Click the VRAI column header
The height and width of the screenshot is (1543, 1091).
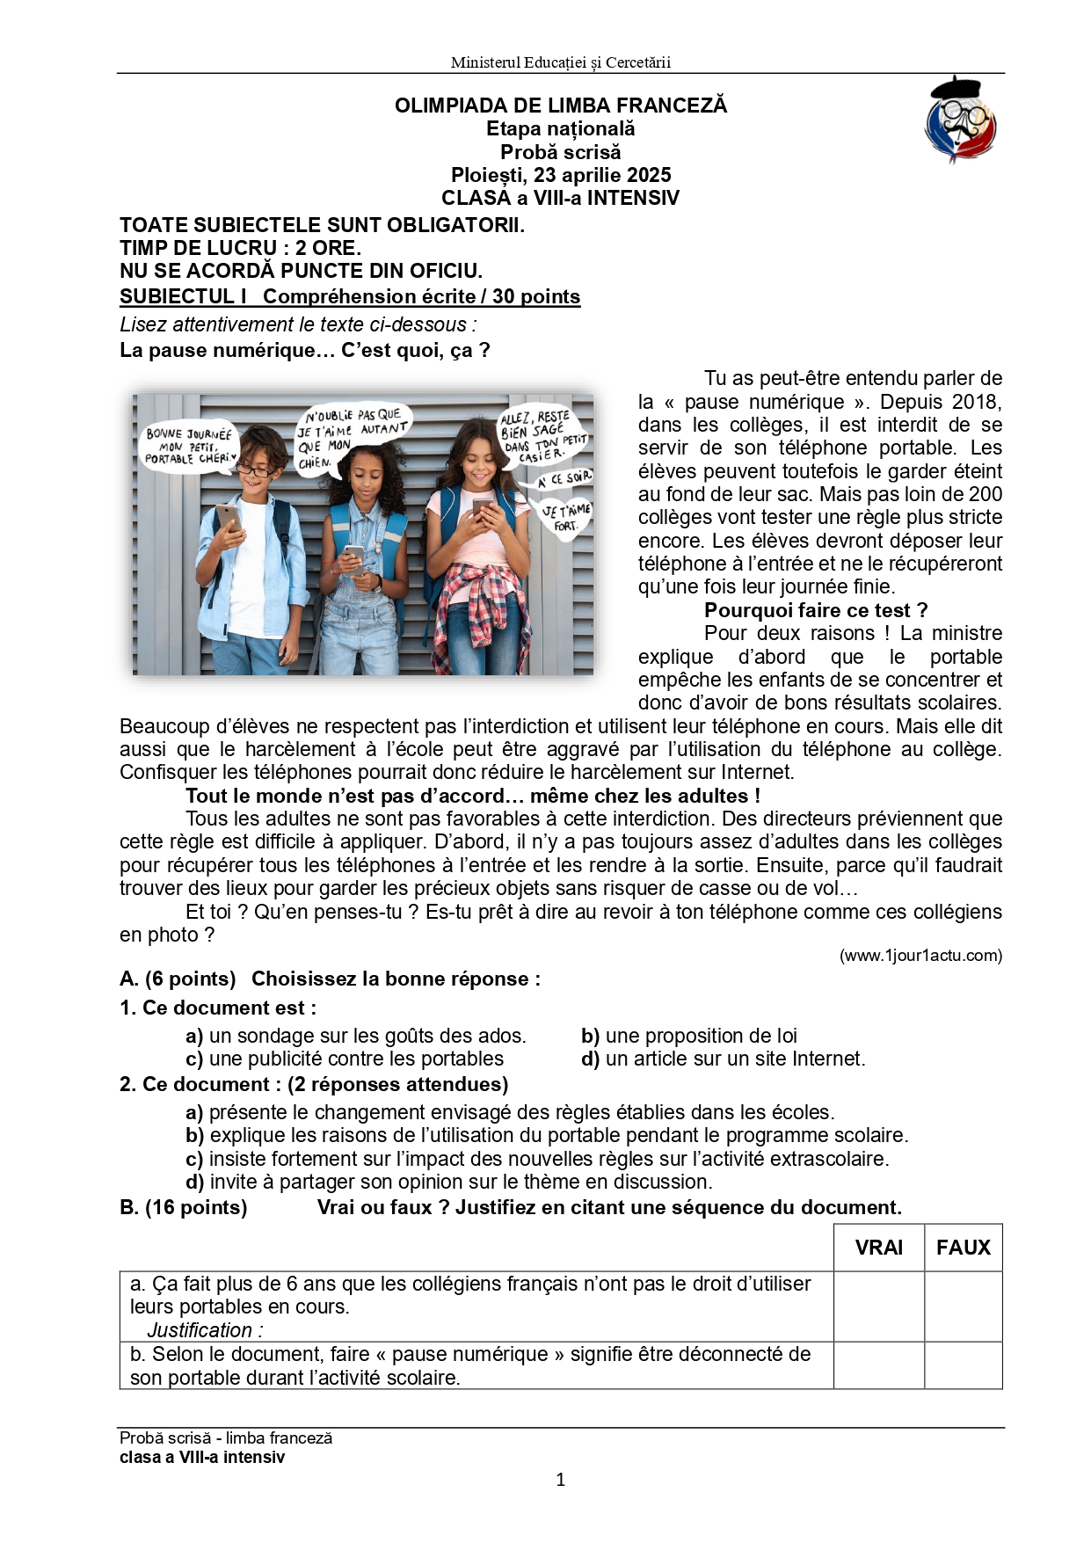(x=878, y=1247)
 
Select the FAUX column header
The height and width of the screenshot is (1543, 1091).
(x=963, y=1247)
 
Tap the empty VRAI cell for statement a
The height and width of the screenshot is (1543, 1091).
(x=878, y=1306)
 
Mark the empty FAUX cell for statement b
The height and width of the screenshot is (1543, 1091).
(x=963, y=1365)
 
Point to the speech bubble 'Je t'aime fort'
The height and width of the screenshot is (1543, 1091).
(x=565, y=517)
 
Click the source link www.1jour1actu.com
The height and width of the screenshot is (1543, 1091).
(x=920, y=956)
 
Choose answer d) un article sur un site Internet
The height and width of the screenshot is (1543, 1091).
(x=723, y=1059)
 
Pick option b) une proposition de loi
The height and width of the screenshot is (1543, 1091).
(x=689, y=1036)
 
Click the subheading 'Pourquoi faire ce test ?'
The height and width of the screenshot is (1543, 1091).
(x=815, y=610)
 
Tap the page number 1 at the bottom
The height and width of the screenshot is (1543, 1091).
(x=561, y=1480)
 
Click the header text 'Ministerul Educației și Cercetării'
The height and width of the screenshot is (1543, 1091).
(x=560, y=62)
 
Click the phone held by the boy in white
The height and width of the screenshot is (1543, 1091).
(x=228, y=518)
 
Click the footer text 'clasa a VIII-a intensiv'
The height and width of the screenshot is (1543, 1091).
(x=202, y=1457)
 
